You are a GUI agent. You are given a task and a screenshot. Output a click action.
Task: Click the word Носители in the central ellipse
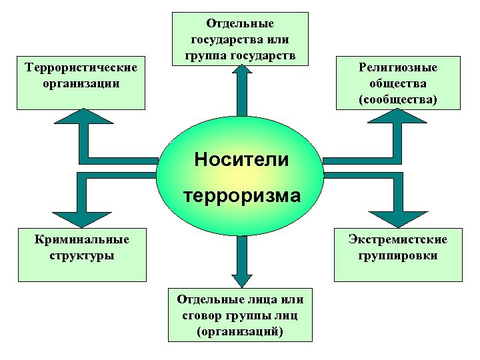241,160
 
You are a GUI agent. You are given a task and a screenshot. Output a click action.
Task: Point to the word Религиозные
397,68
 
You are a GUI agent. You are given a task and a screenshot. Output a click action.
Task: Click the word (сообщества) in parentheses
397,99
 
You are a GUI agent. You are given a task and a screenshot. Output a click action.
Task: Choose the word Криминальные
83,239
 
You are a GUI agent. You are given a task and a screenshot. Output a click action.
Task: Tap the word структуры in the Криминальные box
83,255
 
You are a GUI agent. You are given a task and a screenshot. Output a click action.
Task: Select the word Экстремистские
397,239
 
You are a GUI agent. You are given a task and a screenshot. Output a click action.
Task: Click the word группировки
397,255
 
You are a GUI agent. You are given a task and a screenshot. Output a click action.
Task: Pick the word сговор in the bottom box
200,315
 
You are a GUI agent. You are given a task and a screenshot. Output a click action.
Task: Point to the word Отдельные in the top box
240,23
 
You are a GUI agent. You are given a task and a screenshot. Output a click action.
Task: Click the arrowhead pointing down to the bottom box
240,279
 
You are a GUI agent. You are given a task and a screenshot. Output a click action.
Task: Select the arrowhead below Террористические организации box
81,117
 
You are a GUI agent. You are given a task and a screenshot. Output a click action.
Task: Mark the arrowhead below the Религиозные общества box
398,117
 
